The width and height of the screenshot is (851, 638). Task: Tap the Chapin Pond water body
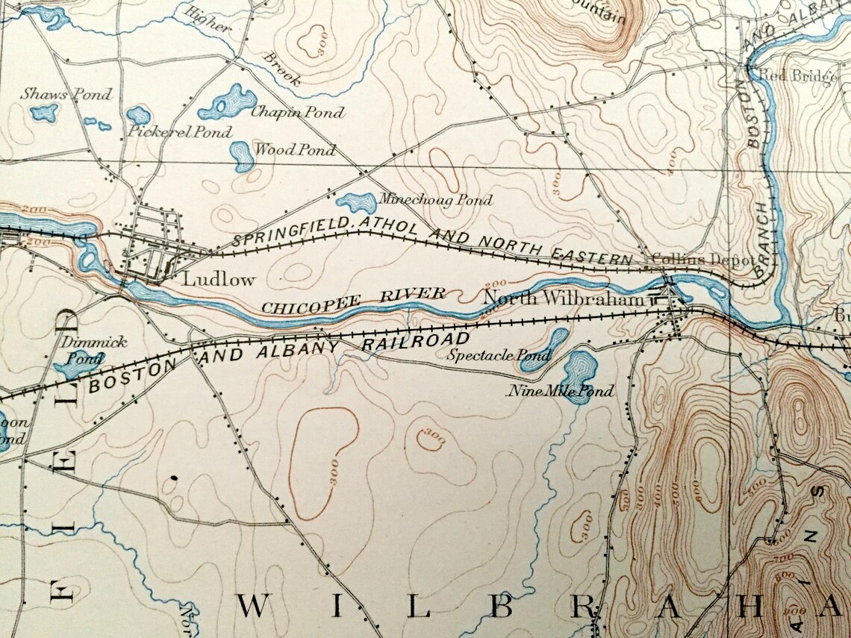pyautogui.click(x=228, y=102)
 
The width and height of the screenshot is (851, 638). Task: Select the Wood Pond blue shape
pyautogui.click(x=241, y=155)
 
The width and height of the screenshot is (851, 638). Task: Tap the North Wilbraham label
pyautogui.click(x=563, y=299)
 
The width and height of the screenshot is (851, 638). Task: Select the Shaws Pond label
pyautogui.click(x=66, y=94)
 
